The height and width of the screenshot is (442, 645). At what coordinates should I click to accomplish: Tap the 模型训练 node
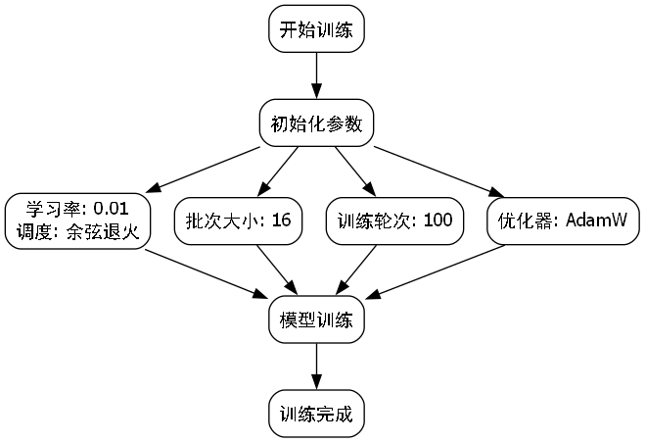(x=316, y=319)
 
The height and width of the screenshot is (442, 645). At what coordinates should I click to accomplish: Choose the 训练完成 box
(x=316, y=415)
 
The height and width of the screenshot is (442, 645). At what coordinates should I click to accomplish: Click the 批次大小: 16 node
(x=238, y=221)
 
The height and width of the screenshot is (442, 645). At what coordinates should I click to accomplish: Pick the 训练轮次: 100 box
(x=394, y=221)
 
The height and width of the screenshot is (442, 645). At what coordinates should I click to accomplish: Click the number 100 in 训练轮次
(x=438, y=221)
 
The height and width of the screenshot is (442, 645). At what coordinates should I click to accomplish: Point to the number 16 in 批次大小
(x=281, y=221)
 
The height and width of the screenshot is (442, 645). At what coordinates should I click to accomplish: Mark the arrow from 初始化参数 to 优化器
(x=437, y=171)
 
